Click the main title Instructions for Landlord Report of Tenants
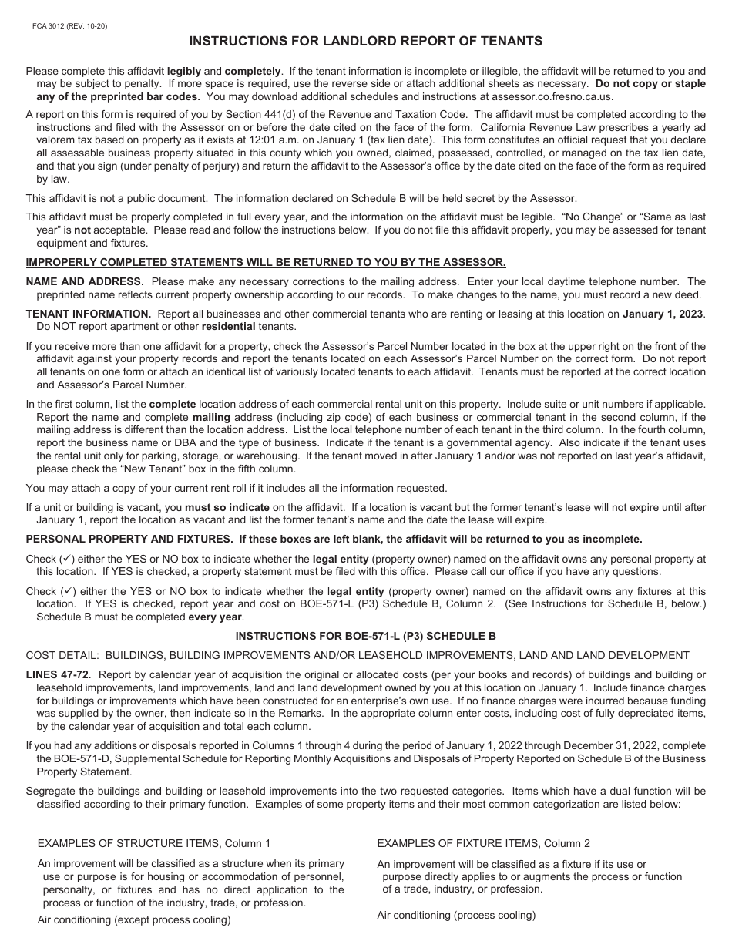(x=366, y=42)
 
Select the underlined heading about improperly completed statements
(x=266, y=262)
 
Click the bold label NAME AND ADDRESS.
(x=85, y=282)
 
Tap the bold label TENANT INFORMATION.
(x=89, y=314)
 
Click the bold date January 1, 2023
(x=663, y=314)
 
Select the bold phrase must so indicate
(x=227, y=507)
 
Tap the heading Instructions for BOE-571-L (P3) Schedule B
(x=365, y=636)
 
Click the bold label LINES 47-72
(x=58, y=674)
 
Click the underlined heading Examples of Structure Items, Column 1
(x=154, y=843)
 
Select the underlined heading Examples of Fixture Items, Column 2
(x=484, y=843)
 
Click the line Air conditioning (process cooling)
(x=456, y=915)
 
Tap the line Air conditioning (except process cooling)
(x=134, y=919)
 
